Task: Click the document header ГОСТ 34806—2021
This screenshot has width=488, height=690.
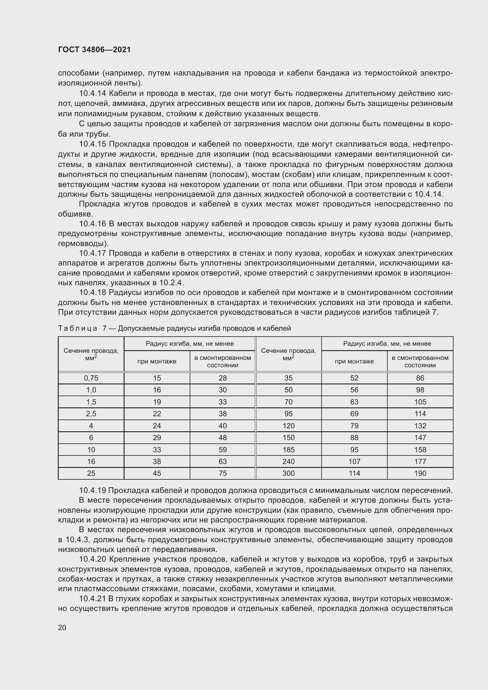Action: pyautogui.click(x=94, y=50)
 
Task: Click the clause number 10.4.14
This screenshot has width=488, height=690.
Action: pyautogui.click(x=93, y=94)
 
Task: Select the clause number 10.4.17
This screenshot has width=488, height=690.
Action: pyautogui.click(x=93, y=253)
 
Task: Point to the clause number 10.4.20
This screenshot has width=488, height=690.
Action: pyautogui.click(x=93, y=559)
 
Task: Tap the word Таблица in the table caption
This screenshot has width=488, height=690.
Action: pyautogui.click(x=78, y=328)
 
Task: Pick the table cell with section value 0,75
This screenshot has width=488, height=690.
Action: pyautogui.click(x=91, y=378)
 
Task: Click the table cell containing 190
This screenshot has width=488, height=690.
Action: pyautogui.click(x=420, y=473)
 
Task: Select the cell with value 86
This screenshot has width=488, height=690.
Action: pyautogui.click(x=420, y=378)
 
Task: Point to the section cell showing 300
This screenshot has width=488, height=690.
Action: pyautogui.click(x=288, y=473)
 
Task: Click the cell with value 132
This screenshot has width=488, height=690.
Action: pyautogui.click(x=420, y=426)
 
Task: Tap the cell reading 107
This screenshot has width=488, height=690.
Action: pyautogui.click(x=354, y=461)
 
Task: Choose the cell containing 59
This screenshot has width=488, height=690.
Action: pyautogui.click(x=222, y=450)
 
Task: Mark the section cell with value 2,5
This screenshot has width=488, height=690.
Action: pyautogui.click(x=91, y=414)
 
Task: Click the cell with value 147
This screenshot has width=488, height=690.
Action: pyautogui.click(x=420, y=437)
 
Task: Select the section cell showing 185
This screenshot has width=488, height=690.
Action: pyautogui.click(x=288, y=450)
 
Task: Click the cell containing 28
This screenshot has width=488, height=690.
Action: pyautogui.click(x=222, y=378)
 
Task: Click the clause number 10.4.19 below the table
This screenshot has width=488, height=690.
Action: pyautogui.click(x=93, y=491)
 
